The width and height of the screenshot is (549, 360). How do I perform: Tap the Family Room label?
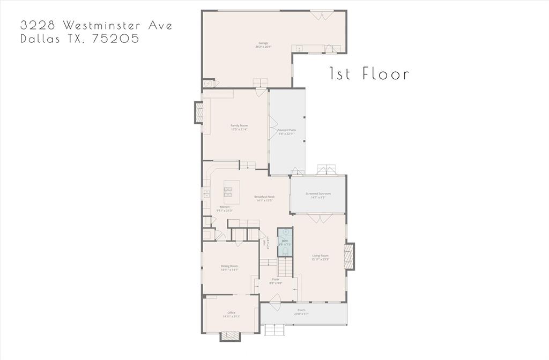pos(239,127)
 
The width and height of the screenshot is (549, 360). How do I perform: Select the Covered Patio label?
pos(286,132)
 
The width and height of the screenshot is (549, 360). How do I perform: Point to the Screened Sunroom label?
pos(318,195)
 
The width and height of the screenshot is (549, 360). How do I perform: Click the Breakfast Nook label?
pos(265,198)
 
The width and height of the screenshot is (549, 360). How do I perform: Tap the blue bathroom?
pos(285,243)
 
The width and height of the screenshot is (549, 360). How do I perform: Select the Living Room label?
pos(320,257)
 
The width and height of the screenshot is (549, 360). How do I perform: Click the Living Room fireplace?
pos(350,256)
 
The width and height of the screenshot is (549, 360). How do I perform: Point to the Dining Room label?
pos(229,268)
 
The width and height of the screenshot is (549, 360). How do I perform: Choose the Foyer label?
pos(276,281)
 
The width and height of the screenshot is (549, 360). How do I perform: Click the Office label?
pos(231,314)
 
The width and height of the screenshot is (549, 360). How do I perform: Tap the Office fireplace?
pos(231,336)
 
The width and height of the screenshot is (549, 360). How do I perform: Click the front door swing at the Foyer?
pos(274,306)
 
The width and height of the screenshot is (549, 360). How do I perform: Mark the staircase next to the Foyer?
pos(286,266)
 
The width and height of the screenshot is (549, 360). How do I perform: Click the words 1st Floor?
pos(369,73)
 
